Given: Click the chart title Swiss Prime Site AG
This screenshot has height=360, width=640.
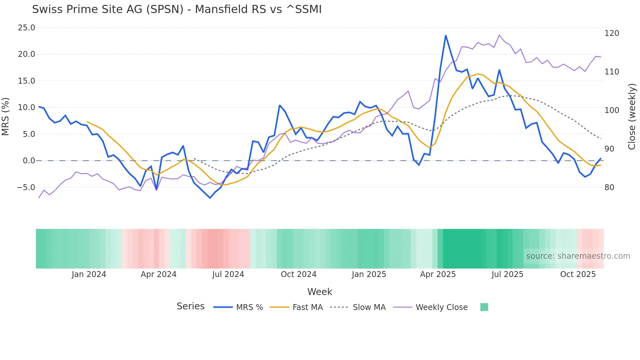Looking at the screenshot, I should (177, 9).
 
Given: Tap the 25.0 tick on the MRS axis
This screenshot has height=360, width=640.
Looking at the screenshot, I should (26, 28).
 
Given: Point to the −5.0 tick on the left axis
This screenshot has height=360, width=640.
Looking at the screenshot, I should (26, 188).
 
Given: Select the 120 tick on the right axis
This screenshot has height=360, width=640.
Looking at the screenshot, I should (612, 33).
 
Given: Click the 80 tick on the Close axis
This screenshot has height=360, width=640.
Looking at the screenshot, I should (609, 188).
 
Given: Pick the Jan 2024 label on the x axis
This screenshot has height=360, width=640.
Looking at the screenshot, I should (89, 274).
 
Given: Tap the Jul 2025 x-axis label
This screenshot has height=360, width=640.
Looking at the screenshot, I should (507, 274).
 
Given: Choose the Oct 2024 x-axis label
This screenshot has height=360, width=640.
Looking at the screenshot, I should (298, 274).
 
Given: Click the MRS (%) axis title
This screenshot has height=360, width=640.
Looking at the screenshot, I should (6, 117).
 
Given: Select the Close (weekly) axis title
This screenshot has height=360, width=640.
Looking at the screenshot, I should (632, 117).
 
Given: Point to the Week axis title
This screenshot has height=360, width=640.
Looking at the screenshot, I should (320, 292).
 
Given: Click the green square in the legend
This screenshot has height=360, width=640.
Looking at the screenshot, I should (484, 307).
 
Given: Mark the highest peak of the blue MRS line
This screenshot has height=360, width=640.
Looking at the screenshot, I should (446, 36).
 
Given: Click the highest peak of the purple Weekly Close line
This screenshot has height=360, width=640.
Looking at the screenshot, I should (499, 35).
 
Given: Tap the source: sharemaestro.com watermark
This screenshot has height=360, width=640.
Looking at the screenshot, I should (578, 256).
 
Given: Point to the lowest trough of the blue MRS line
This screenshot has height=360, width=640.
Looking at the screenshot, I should (210, 198).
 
